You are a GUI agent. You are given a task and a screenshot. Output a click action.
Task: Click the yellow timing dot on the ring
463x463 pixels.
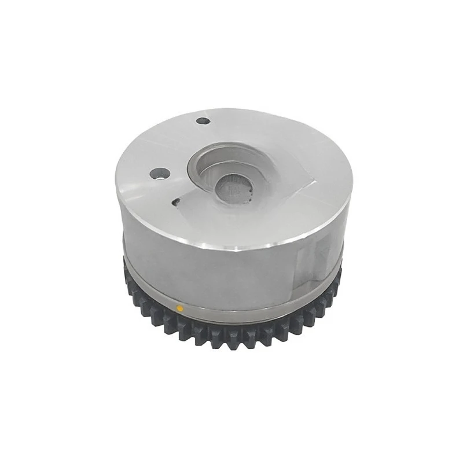click(x=180, y=308)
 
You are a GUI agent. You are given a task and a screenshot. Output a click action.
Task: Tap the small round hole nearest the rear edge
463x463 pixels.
click(x=203, y=121)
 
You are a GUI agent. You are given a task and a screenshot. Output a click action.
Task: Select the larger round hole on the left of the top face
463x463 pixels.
click(x=160, y=173)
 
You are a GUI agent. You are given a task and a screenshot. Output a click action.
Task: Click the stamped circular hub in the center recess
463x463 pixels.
click(x=234, y=189)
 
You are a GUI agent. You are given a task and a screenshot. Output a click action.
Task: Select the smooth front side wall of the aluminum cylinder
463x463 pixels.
click(x=220, y=278)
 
